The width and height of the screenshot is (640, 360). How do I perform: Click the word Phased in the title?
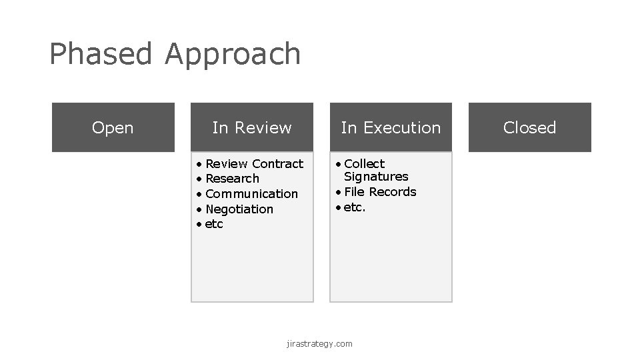[x=101, y=54]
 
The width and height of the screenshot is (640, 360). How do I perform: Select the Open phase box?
[x=113, y=127]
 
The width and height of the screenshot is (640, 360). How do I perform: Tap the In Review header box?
[x=252, y=127]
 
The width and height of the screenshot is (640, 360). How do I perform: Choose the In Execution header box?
[x=391, y=127]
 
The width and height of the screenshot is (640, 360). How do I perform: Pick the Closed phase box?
[x=529, y=127]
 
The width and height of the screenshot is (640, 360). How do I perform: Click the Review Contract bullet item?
[x=254, y=163]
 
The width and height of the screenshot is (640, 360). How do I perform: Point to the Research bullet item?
[x=232, y=179]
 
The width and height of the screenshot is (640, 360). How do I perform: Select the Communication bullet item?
[x=251, y=194]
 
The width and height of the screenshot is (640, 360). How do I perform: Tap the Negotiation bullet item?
[x=239, y=209]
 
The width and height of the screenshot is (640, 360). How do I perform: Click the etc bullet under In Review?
[x=214, y=225]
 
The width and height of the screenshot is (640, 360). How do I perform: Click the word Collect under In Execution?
[x=364, y=163]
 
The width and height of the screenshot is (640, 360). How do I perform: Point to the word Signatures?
[x=376, y=177]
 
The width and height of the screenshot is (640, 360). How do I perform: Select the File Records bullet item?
[x=380, y=192]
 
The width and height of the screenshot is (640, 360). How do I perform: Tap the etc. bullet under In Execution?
[x=355, y=207]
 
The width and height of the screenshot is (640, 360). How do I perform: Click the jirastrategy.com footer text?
[x=319, y=344]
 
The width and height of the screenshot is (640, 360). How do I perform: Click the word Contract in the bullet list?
[x=277, y=163]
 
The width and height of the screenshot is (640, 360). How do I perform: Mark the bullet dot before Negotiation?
[x=199, y=209]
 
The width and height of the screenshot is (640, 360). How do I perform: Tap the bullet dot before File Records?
[x=338, y=192]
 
